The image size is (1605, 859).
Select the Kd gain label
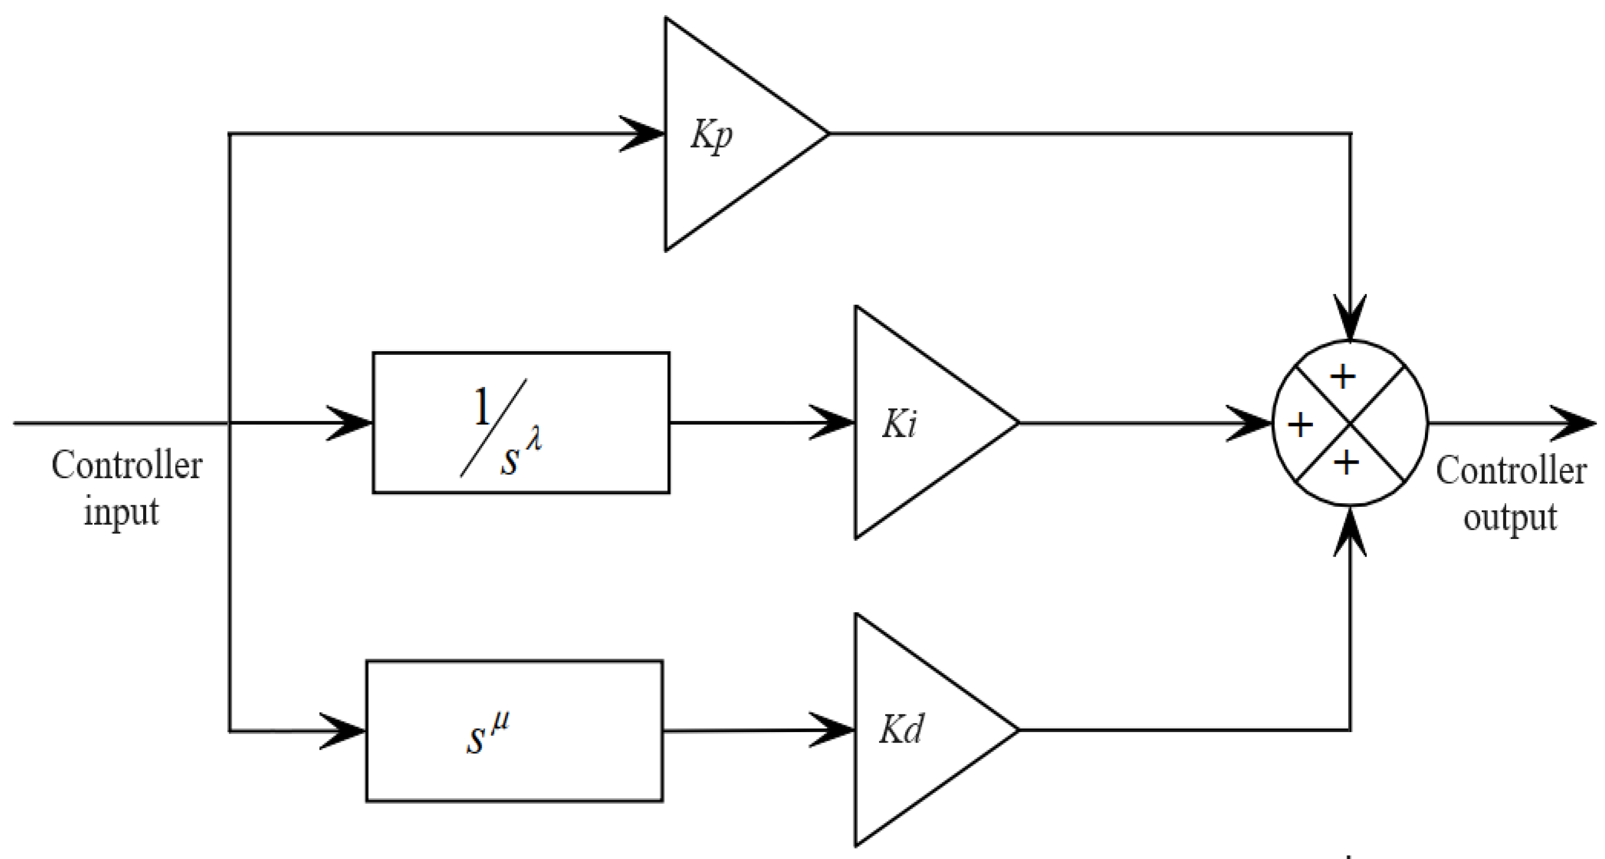[900, 729]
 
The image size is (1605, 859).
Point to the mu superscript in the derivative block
[500, 724]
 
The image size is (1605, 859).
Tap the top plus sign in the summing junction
[1343, 376]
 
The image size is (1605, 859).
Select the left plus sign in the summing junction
[1301, 426]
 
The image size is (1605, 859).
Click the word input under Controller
[121, 512]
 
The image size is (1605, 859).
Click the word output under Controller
[1510, 517]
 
